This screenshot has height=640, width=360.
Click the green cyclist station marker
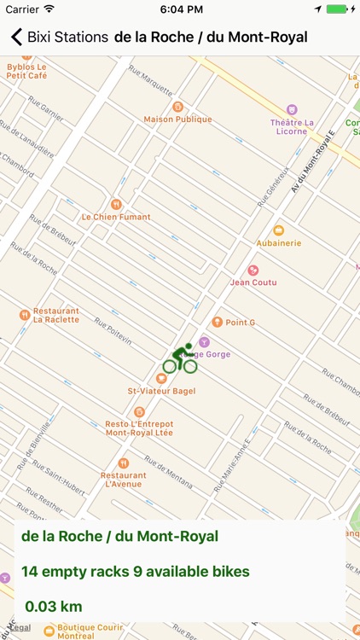coord(180,359)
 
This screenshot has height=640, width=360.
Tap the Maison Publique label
coord(177,119)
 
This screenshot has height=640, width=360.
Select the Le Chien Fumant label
coord(116,217)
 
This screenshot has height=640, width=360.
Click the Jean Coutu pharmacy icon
coord(253,270)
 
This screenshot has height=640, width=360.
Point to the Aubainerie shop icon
coord(278,230)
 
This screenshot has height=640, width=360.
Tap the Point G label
coord(240,323)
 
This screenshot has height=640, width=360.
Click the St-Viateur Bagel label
coord(161,391)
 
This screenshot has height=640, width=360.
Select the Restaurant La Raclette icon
coord(25,315)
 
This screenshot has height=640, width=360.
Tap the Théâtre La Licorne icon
coord(292,110)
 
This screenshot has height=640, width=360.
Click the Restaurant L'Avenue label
coord(123,480)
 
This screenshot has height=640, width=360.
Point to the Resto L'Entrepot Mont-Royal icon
coord(139,411)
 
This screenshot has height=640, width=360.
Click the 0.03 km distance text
coord(53,607)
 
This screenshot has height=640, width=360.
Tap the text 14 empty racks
coord(75,571)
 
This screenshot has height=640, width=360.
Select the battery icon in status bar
coord(340,9)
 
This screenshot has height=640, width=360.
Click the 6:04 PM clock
coord(179,9)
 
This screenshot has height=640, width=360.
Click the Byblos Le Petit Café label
coord(26,71)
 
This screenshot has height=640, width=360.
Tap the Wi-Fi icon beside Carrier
coord(49,9)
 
